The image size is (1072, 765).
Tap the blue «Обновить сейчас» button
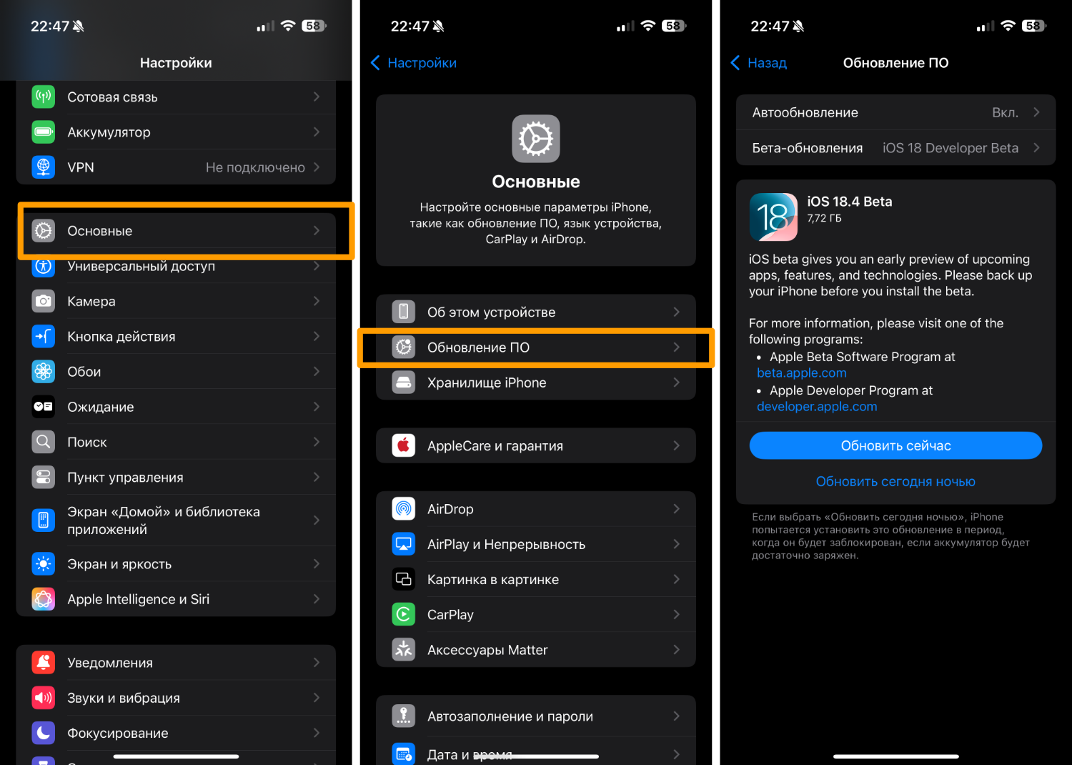tap(895, 445)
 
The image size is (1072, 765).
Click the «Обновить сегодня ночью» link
tap(895, 481)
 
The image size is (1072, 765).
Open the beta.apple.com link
tap(802, 373)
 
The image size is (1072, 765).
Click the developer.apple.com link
tap(817, 406)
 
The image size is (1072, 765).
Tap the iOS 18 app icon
tap(773, 217)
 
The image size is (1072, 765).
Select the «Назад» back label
tap(767, 63)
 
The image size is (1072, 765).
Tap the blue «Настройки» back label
tap(422, 63)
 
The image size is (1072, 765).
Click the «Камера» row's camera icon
tap(43, 301)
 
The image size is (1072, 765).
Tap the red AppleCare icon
tap(404, 445)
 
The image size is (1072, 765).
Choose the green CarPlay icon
tap(404, 614)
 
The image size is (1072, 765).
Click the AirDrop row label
tap(450, 509)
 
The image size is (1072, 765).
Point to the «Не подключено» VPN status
tap(255, 167)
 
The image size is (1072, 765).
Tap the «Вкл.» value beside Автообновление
tap(1005, 112)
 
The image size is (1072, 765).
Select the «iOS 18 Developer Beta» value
tap(951, 148)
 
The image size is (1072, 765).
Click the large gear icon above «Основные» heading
tap(535, 139)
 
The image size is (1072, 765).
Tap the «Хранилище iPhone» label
tap(487, 382)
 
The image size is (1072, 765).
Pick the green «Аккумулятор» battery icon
tap(43, 132)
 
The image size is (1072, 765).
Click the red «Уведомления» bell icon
tap(43, 663)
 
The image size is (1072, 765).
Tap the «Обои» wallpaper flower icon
tap(43, 372)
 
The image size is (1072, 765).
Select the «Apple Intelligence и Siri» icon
tap(43, 599)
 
